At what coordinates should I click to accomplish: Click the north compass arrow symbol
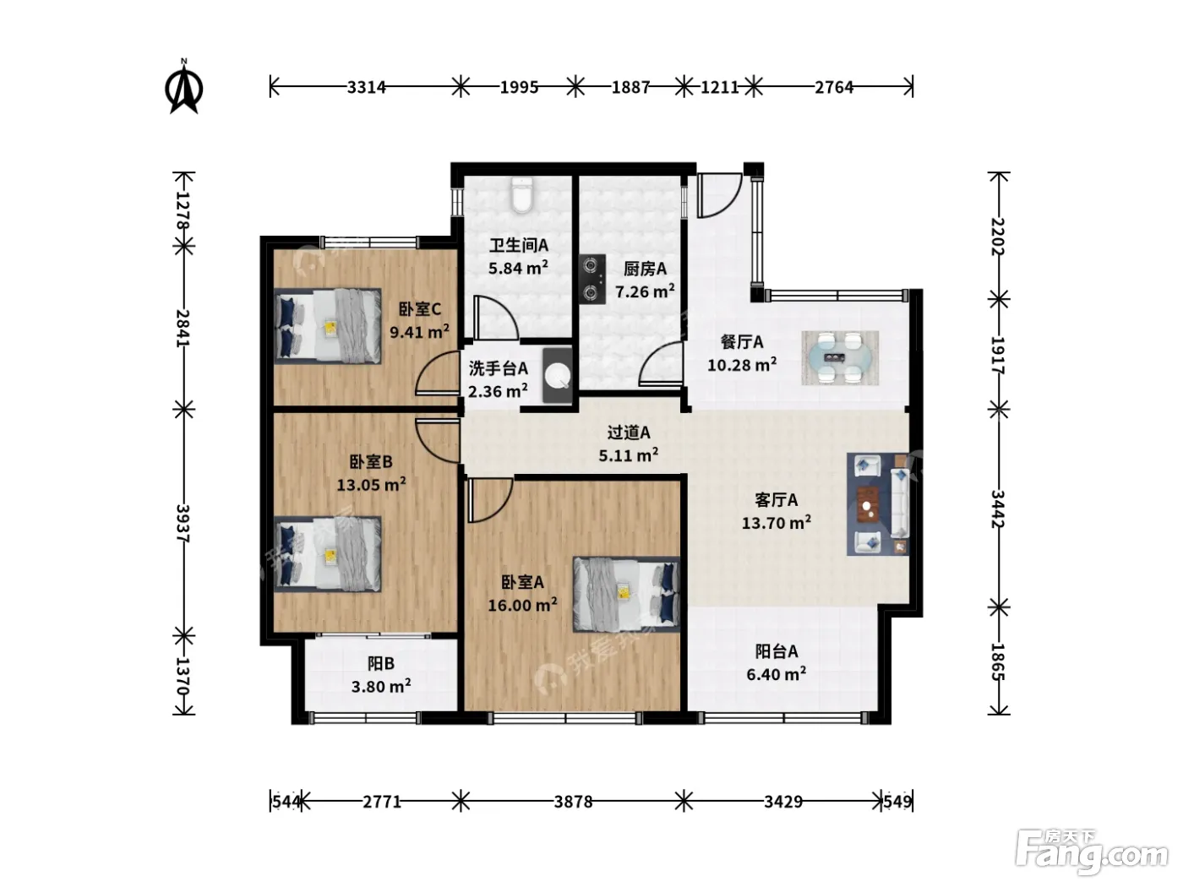point(183,86)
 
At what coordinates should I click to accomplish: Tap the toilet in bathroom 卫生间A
point(521,194)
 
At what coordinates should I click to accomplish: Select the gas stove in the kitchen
point(592,279)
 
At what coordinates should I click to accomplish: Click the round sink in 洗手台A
point(557,375)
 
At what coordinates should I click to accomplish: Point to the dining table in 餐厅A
point(840,357)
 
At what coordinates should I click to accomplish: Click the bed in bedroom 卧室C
point(328,326)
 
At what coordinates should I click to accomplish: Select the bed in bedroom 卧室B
point(328,554)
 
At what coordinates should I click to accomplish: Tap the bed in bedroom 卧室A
point(626,594)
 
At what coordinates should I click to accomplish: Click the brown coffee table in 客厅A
point(867,504)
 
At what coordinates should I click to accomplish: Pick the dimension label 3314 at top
point(367,87)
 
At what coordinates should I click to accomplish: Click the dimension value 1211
point(719,87)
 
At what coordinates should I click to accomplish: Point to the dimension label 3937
point(183,523)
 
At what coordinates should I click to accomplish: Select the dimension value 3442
point(998,509)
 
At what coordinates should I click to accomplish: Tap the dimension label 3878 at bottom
point(574,802)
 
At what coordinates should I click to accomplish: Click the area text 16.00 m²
point(522,605)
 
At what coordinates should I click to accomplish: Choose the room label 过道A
point(629,432)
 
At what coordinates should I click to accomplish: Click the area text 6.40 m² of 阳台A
point(776,674)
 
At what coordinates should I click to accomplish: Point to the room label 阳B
point(381,663)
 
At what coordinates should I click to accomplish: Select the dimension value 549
point(897,802)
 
